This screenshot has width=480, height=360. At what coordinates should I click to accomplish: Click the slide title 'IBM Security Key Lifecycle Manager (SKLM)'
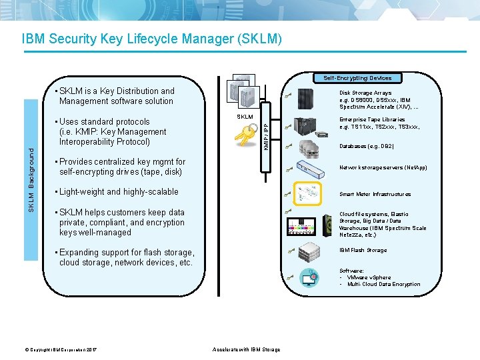click(153, 39)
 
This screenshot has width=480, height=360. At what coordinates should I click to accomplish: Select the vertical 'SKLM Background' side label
click(31, 180)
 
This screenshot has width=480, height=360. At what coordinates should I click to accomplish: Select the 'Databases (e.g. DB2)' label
click(366, 146)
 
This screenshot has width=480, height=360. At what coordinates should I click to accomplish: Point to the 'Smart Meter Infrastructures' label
click(375, 195)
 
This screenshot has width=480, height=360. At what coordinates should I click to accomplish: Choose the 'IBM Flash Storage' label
click(363, 250)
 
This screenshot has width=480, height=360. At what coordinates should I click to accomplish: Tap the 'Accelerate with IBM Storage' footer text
click(246, 349)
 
